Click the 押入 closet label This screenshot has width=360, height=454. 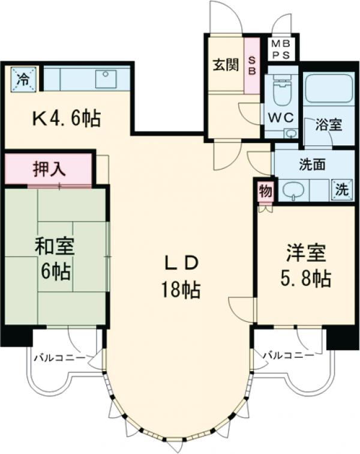click(x=49, y=169)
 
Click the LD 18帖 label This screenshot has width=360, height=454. click(x=181, y=277)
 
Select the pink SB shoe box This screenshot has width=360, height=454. click(x=252, y=65)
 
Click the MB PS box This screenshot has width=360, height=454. click(x=281, y=49)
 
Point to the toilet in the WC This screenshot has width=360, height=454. click(x=280, y=92)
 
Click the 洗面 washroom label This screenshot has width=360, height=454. click(x=311, y=163)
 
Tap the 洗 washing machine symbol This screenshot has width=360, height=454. click(x=341, y=190)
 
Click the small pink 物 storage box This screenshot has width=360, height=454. click(x=265, y=191)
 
